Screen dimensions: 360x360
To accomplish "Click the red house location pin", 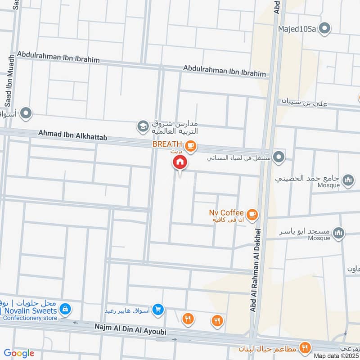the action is [x=180, y=162].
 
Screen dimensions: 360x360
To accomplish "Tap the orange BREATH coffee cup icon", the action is [x=191, y=145].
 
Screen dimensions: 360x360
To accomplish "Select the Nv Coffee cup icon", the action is [x=252, y=214].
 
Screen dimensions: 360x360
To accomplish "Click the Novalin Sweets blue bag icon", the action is [x=66, y=309].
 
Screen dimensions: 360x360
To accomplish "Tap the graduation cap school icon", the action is [x=143, y=126].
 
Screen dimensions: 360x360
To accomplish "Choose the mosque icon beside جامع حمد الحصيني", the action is [x=348, y=181].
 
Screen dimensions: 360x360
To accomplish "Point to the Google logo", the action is [x=19, y=353].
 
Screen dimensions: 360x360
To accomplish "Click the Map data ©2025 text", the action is [x=337, y=355].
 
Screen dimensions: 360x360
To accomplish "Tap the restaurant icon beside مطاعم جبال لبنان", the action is [x=306, y=347].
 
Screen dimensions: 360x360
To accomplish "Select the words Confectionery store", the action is [x=30, y=318].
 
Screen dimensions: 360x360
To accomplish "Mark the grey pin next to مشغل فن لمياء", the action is [x=279, y=157].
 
